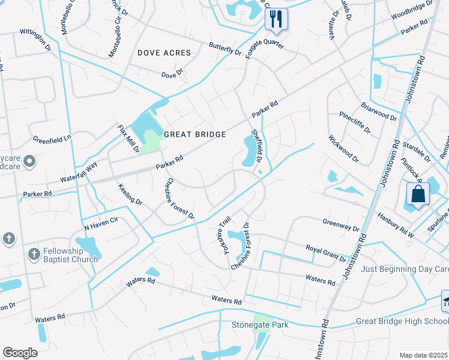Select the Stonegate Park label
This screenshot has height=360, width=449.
(x=260, y=325)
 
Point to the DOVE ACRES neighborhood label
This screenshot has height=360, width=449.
(x=164, y=53)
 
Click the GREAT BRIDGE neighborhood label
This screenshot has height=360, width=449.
(x=194, y=134)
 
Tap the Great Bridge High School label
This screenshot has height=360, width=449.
(x=401, y=321)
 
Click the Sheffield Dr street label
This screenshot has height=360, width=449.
(x=257, y=146)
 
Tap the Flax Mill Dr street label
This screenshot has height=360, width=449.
(x=128, y=139)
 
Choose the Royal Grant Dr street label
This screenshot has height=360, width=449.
(x=326, y=254)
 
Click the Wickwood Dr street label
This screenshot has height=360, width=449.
(x=343, y=149)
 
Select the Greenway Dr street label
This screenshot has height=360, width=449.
(x=340, y=224)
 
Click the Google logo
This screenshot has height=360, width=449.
(x=20, y=353)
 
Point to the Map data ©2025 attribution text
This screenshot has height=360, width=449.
(x=423, y=355)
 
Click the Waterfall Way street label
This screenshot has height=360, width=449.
(x=79, y=172)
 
